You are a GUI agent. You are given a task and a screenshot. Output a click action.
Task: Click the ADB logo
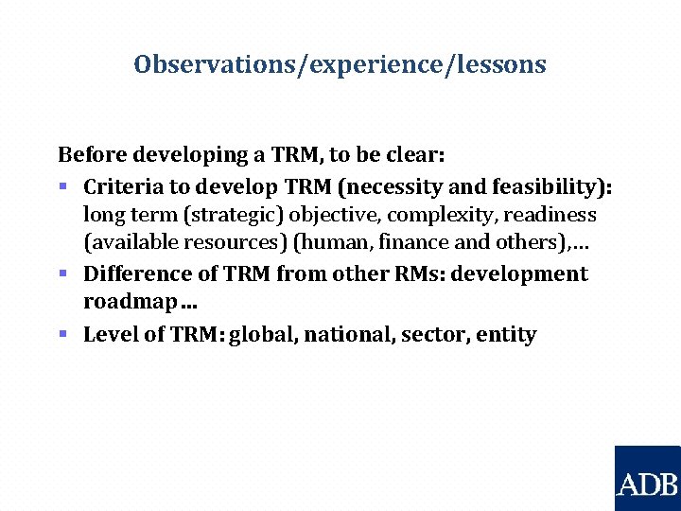click(x=648, y=478)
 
